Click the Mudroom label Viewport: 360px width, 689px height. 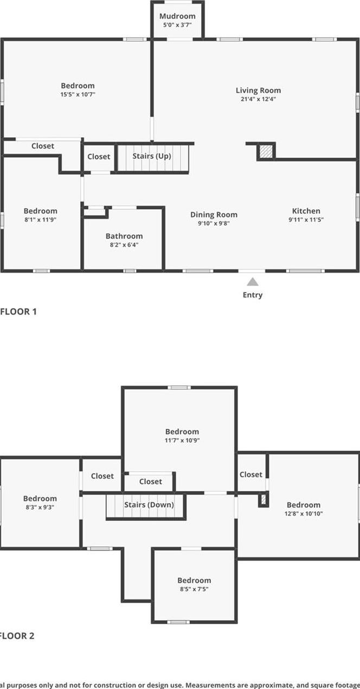pyautogui.click(x=177, y=16)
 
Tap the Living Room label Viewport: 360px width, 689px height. pyautogui.click(x=258, y=91)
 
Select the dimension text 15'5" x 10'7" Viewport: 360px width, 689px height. pyautogui.click(x=78, y=94)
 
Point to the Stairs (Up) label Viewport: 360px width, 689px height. pyautogui.click(x=152, y=156)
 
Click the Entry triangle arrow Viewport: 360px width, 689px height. pyautogui.click(x=253, y=281)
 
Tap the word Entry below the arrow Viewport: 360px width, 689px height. pyautogui.click(x=253, y=295)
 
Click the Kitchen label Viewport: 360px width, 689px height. pyautogui.click(x=306, y=211)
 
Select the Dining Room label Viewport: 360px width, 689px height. pyautogui.click(x=214, y=214)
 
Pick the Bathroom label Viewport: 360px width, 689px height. pyautogui.click(x=124, y=236)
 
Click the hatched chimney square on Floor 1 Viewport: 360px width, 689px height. pyautogui.click(x=266, y=152)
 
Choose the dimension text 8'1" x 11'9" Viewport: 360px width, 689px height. pyautogui.click(x=40, y=220)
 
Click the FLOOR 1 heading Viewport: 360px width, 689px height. pyautogui.click(x=18, y=311)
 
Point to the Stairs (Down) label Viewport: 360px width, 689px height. pyautogui.click(x=149, y=505)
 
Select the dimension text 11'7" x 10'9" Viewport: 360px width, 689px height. pyautogui.click(x=182, y=440)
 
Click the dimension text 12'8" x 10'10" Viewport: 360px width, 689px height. pyautogui.click(x=304, y=513)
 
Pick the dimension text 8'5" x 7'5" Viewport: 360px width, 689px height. pyautogui.click(x=194, y=589)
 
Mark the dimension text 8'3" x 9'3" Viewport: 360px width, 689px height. pyautogui.click(x=40, y=507)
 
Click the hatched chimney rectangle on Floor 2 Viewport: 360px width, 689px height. pyautogui.click(x=264, y=499)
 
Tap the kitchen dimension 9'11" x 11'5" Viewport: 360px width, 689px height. pyautogui.click(x=306, y=220)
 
